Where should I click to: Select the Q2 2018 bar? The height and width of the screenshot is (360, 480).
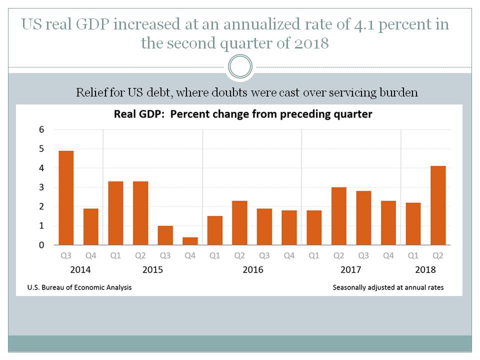(438, 205)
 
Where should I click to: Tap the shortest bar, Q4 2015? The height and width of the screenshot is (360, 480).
(190, 241)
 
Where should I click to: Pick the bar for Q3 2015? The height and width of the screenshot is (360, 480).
(165, 235)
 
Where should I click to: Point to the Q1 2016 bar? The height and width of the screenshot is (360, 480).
(215, 230)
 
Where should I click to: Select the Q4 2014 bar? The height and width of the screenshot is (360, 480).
(90, 226)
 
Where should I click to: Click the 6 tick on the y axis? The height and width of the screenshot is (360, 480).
(42, 129)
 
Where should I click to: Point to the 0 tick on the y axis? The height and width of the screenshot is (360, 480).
(42, 245)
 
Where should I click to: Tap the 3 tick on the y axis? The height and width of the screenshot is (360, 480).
(42, 187)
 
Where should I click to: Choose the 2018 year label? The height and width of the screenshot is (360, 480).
(425, 270)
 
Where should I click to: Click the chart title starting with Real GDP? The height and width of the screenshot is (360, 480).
(243, 114)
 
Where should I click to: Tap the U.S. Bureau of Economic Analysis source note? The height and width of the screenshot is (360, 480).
(77, 287)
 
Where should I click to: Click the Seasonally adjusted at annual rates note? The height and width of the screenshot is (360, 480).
(387, 287)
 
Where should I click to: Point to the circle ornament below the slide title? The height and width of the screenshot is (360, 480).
(240, 67)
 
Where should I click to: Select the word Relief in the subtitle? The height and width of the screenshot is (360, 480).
(92, 92)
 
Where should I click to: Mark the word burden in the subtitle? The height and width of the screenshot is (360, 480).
(399, 92)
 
